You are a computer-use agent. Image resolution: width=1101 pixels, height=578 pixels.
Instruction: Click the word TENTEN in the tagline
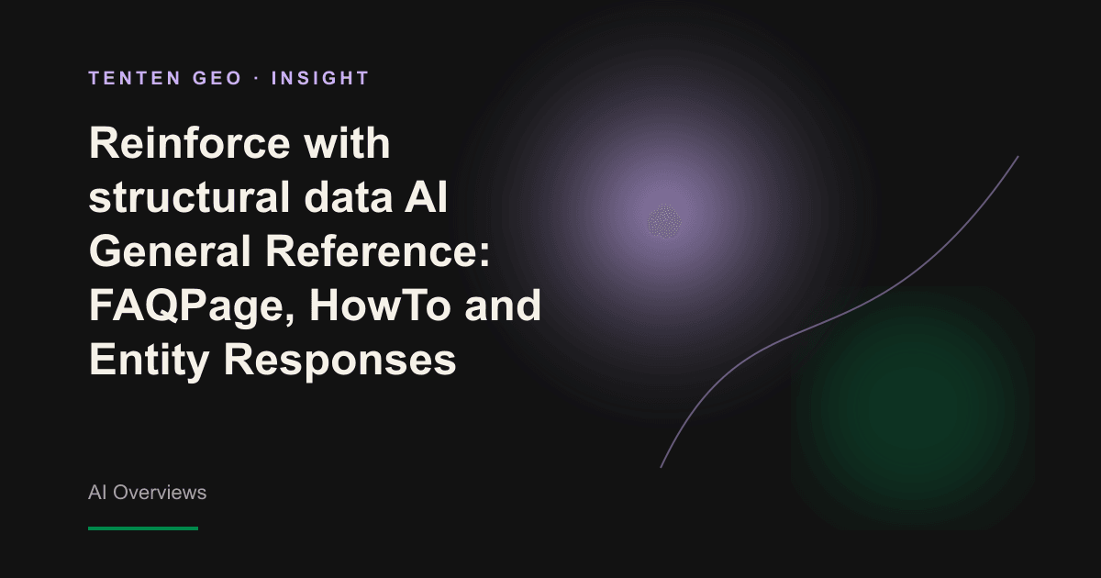135,78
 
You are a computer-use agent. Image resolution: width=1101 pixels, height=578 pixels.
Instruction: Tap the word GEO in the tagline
217,78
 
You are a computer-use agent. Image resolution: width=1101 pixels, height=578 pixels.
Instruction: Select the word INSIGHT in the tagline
320,78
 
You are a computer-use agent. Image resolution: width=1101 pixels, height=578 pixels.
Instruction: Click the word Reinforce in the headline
190,143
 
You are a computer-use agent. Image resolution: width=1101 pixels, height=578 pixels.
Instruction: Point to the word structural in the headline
189,197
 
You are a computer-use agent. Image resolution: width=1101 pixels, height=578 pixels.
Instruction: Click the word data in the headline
349,197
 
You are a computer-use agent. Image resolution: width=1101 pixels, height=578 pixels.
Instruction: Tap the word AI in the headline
426,197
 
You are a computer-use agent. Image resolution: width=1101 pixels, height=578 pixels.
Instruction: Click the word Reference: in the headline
377,251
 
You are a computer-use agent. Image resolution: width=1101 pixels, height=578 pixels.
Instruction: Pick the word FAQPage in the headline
192,306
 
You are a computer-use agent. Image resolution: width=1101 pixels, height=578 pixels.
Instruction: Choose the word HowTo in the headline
381,306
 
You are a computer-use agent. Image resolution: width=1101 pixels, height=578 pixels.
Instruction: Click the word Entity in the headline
150,361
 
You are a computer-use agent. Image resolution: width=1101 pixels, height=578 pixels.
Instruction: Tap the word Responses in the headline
339,361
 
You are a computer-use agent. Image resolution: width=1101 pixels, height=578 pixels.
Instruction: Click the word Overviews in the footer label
160,493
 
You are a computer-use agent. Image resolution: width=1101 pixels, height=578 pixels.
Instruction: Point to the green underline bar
143,528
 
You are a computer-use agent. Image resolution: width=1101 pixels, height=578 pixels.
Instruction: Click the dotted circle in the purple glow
664,222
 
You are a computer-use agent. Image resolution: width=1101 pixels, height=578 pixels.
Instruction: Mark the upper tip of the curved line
1018,156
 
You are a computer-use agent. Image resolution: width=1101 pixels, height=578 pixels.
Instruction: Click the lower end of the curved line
661,467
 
